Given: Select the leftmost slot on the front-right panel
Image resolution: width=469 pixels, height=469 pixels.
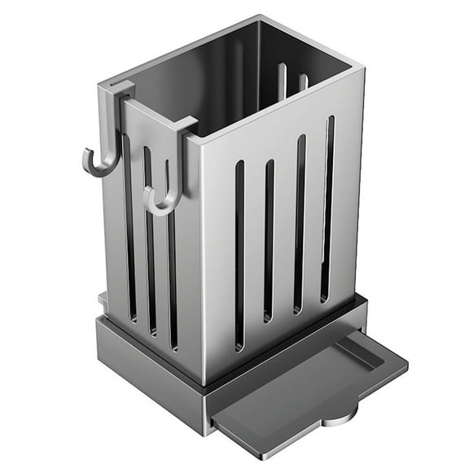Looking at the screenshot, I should (239, 252).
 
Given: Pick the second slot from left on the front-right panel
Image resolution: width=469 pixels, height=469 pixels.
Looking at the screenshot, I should (269, 240).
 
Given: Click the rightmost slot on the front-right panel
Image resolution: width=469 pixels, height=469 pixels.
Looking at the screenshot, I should (327, 208).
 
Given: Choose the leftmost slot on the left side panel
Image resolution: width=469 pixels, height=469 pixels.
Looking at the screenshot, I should (129, 228).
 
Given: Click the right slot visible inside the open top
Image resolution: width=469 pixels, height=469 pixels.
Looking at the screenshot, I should (302, 81).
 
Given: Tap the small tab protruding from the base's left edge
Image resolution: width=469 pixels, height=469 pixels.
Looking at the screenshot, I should (103, 300).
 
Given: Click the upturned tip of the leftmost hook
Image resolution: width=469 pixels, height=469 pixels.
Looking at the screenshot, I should (86, 152).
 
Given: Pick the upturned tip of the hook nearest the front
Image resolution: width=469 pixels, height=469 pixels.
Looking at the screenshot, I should (147, 195).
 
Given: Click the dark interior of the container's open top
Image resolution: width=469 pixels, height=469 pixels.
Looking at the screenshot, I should (228, 73).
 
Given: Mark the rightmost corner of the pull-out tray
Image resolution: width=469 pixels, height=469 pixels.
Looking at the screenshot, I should (405, 362).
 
